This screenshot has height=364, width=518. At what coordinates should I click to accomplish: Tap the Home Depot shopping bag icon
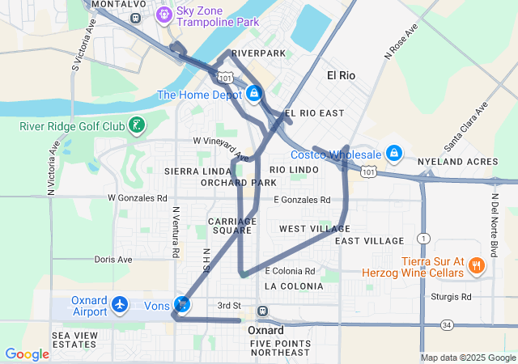pyautogui.click(x=254, y=94)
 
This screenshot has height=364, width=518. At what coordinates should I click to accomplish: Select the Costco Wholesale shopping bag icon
pyautogui.click(x=393, y=152)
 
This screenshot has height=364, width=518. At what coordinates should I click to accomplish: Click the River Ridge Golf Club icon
pyautogui.click(x=138, y=125)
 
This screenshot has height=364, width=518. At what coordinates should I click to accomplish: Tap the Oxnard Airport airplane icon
pyautogui.click(x=121, y=305)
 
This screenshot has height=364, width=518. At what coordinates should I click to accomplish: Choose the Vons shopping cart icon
pyautogui.click(x=184, y=305)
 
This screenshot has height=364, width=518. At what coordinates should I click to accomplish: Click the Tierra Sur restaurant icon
pyautogui.click(x=477, y=265)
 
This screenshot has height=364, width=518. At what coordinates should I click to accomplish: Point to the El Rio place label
pyautogui.click(x=341, y=75)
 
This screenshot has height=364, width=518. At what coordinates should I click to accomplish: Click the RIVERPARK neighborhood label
pyautogui.click(x=259, y=53)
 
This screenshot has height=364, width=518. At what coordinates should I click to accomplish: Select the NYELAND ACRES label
pyautogui.click(x=469, y=162)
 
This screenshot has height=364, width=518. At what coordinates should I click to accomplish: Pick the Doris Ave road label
pyautogui.click(x=113, y=260)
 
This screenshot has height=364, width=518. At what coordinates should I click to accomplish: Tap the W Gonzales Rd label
pyautogui.click(x=138, y=197)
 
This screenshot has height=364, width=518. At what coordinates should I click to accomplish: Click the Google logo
pyautogui.click(x=28, y=353)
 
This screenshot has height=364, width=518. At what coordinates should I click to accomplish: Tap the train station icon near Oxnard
pyautogui.click(x=262, y=311)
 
